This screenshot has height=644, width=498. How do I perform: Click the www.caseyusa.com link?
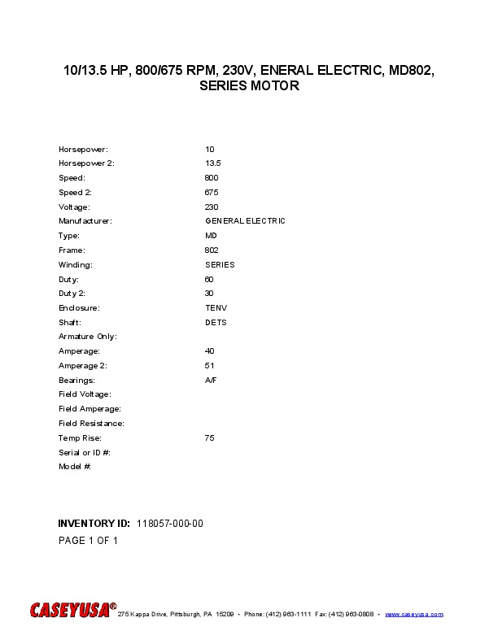pos(413,614)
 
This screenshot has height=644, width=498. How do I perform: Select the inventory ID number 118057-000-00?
pos(170,523)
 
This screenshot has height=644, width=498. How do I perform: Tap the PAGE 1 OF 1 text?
pos(88,541)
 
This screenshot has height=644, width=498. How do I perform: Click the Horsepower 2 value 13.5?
pos(213,163)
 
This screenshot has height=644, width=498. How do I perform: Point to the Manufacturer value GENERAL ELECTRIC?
pos(245,221)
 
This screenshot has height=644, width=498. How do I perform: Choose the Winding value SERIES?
pos(220,265)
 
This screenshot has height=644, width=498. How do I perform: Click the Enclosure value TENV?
pos(216,308)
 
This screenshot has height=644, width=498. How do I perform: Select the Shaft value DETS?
pos(216,323)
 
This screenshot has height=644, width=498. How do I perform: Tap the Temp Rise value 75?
pos(210,438)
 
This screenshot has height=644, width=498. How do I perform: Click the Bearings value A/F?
pos(212,381)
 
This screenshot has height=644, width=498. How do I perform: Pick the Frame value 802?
pos(212,250)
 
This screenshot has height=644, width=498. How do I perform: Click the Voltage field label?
pos(74,207)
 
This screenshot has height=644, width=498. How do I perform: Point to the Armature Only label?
pos(88,337)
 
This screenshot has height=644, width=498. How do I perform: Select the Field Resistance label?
pos(91,424)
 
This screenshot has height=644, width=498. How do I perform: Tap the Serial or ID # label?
pos(85,452)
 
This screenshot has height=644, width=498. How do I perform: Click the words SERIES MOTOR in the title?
pos(249,86)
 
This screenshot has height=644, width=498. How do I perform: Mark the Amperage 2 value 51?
pos(209,366)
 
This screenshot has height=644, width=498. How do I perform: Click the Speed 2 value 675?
pos(212,193)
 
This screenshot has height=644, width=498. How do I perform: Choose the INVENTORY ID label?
pos(94,523)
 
